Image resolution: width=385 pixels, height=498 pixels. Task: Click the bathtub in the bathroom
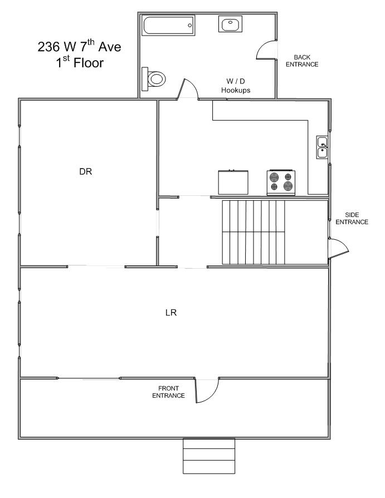(168, 26)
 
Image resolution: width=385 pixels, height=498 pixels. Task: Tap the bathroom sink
(230, 24)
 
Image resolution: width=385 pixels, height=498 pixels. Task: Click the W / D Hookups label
(236, 86)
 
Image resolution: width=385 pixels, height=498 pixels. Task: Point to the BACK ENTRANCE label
(302, 61)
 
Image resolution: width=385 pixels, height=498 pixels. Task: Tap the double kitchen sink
(323, 147)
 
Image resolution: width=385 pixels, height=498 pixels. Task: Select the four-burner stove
(281, 183)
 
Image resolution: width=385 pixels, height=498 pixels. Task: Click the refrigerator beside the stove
(233, 183)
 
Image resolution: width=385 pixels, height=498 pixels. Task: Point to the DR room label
(85, 171)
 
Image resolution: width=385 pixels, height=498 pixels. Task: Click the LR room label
(171, 313)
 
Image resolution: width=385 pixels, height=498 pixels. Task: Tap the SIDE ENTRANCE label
(352, 219)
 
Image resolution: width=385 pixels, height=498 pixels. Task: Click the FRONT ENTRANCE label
(168, 392)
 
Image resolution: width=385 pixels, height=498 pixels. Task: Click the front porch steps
(209, 456)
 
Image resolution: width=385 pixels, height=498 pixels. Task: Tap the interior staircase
(254, 232)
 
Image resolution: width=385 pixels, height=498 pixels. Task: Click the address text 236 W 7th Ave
(80, 46)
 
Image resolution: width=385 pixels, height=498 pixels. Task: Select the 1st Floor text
(80, 62)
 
